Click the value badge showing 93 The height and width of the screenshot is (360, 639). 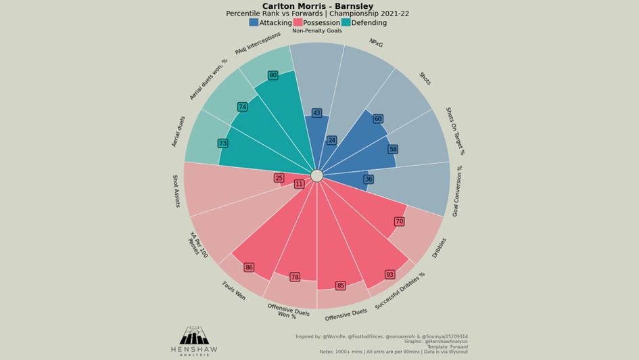pyautogui.click(x=389, y=275)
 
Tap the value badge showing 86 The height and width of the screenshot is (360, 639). pyautogui.click(x=249, y=267)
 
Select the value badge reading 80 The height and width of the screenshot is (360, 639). pyautogui.click(x=273, y=75)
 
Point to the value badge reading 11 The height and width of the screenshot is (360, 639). pyautogui.click(x=299, y=184)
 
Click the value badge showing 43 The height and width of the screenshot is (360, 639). pyautogui.click(x=316, y=113)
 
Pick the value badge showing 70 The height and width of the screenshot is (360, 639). pyautogui.click(x=399, y=221)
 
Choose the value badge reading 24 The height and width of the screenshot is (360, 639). pyautogui.click(x=331, y=141)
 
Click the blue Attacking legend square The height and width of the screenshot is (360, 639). pyautogui.click(x=254, y=22)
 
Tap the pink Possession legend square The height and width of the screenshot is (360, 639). pyautogui.click(x=298, y=22)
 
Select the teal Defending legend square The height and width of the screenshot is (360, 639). pyautogui.click(x=346, y=22)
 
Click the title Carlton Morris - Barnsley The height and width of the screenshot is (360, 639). pyautogui.click(x=317, y=6)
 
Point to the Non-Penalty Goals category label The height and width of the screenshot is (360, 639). pyautogui.click(x=317, y=31)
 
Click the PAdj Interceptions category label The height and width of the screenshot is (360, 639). pyautogui.click(x=258, y=44)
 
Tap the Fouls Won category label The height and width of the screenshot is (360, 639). pyautogui.click(x=234, y=291)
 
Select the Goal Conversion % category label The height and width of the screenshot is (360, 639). pyautogui.click(x=457, y=190)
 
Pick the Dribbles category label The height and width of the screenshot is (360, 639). pyautogui.click(x=440, y=248)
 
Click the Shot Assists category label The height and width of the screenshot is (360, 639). pyautogui.click(x=176, y=191)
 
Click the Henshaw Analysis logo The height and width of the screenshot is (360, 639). pyautogui.click(x=194, y=340)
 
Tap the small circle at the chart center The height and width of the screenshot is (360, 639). pyautogui.click(x=317, y=176)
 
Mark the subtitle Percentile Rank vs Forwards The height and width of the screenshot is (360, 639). pyautogui.click(x=317, y=14)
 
